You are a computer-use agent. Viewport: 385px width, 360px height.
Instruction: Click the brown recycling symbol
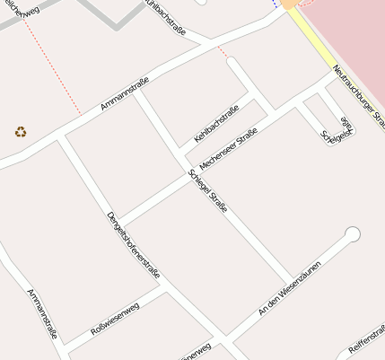(x=21, y=131)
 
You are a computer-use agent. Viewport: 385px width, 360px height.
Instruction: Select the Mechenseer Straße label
(x=228, y=150)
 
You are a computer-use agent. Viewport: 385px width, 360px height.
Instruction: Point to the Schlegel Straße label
(x=207, y=192)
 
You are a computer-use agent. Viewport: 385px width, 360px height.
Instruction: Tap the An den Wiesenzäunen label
(x=289, y=288)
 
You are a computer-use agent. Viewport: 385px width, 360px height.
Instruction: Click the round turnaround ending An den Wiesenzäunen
(x=353, y=234)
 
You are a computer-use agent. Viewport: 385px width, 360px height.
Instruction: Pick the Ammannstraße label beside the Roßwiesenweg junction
(x=42, y=313)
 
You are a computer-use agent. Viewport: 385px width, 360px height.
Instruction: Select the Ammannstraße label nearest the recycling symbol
(x=124, y=95)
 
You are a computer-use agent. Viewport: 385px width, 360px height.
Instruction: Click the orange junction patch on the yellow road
(x=290, y=4)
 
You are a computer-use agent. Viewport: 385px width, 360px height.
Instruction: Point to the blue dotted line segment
(x=276, y=3)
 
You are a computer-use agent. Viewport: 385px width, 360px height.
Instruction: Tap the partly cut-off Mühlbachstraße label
(x=169, y=18)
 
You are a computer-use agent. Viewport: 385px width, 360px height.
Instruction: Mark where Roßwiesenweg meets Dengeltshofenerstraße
(x=166, y=288)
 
